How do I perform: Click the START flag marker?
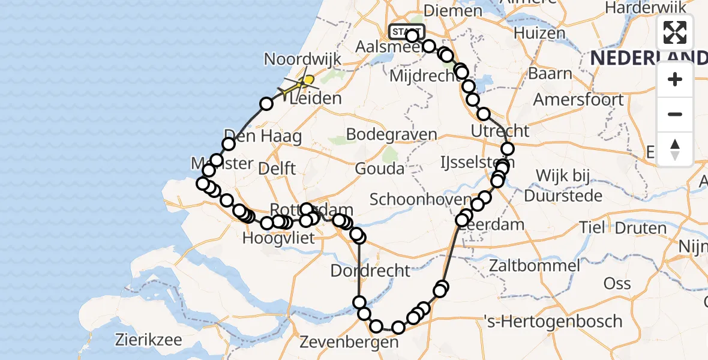click(x=407, y=32)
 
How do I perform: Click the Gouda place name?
click(x=380, y=169)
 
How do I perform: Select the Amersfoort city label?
click(x=578, y=99)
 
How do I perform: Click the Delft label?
click(x=277, y=168)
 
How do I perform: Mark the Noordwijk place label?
click(x=302, y=59)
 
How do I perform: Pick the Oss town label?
click(x=617, y=283)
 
